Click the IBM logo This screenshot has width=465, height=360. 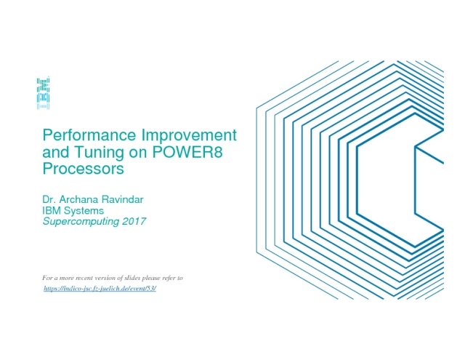coord(43,92)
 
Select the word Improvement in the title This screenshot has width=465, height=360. coord(189,135)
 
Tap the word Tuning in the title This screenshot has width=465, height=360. coord(100,152)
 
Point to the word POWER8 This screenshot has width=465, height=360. coord(187,152)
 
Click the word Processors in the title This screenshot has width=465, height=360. coord(83,169)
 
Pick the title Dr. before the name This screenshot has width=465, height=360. coord(49,199)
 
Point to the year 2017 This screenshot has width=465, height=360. coord(134,221)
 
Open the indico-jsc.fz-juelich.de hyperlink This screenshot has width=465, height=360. coord(100,289)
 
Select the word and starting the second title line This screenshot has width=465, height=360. coord(57,152)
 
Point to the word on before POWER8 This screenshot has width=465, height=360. coord(138,153)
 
